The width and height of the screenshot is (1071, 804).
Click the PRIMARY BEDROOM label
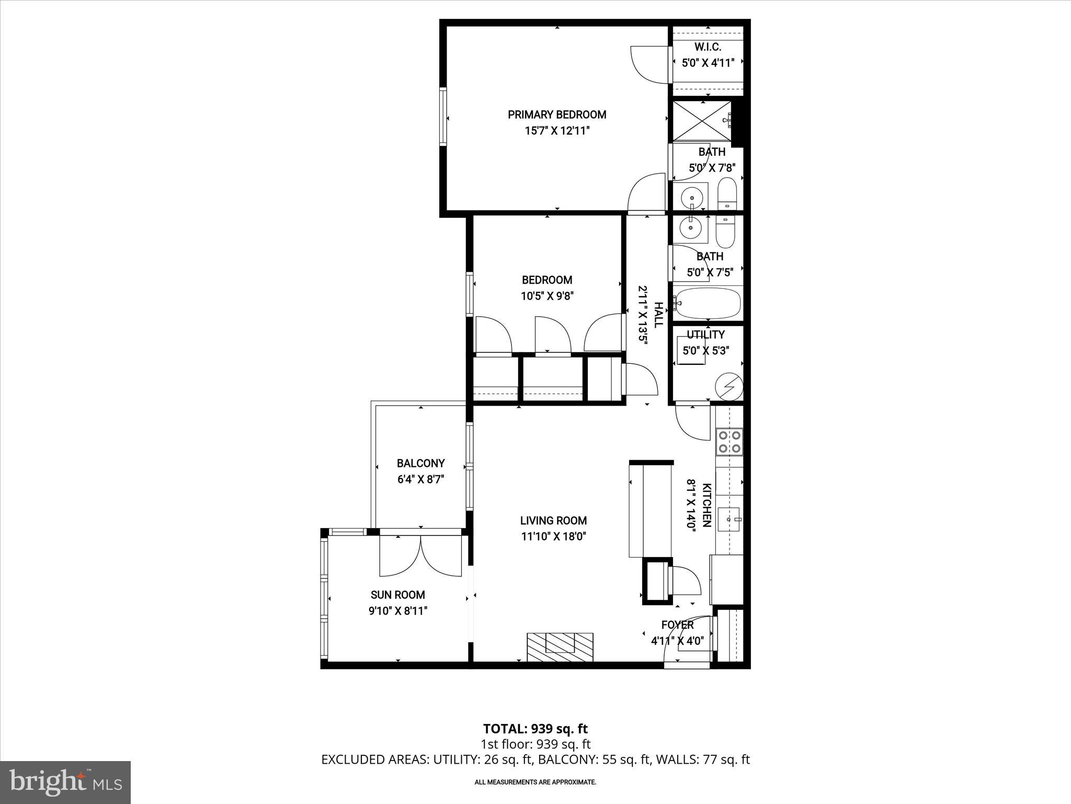tap(557, 115)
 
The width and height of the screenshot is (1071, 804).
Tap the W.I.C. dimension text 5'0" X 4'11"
tap(708, 63)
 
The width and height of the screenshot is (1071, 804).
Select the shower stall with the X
tap(701, 121)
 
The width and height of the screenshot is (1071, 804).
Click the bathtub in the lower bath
tap(708, 303)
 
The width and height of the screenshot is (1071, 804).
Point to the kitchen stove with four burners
tap(729, 441)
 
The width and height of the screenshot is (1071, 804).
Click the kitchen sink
tap(729, 519)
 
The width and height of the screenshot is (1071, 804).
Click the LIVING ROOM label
tap(553, 520)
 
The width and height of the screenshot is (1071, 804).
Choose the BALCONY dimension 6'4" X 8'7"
tap(420, 479)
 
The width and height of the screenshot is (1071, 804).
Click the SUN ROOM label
tap(397, 595)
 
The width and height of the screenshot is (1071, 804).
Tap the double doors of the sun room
tap(420, 556)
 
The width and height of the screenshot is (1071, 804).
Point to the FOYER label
tap(677, 624)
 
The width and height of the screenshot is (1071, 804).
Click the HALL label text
tap(658, 315)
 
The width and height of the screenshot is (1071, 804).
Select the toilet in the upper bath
tap(727, 194)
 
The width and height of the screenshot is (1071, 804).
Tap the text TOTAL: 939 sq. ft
tap(535, 729)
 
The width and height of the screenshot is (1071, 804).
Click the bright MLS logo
tap(65, 782)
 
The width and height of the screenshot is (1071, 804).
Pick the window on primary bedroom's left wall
tap(443, 116)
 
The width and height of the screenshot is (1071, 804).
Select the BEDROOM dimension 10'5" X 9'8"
tap(547, 296)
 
